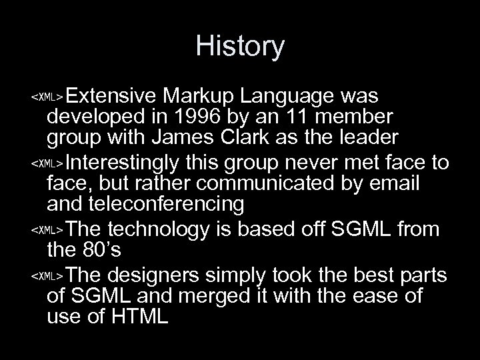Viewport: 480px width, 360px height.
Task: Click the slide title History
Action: pos(240,47)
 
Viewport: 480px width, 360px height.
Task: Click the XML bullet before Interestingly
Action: pos(47,163)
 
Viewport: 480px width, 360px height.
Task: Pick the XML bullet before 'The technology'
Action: pos(47,230)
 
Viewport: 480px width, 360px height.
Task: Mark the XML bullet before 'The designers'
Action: pos(47,275)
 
